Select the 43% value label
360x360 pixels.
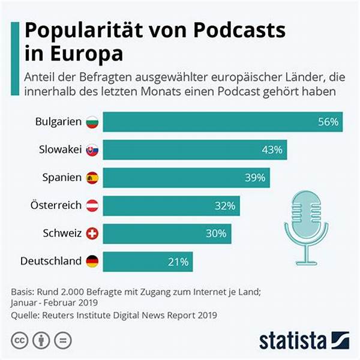point(271,150)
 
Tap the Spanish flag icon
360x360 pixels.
point(92,178)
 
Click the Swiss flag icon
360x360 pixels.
point(92,233)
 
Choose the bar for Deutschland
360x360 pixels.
point(148,262)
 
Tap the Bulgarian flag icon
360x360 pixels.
point(92,122)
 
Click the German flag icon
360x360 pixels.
point(92,261)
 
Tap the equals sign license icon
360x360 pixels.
point(62,340)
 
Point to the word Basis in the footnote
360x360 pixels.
point(23,292)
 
